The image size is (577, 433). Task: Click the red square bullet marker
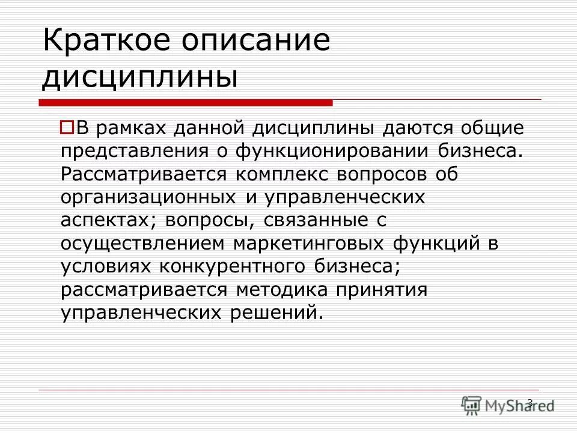(67, 127)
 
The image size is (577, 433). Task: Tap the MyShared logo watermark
(508, 404)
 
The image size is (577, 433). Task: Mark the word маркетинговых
(295, 243)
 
